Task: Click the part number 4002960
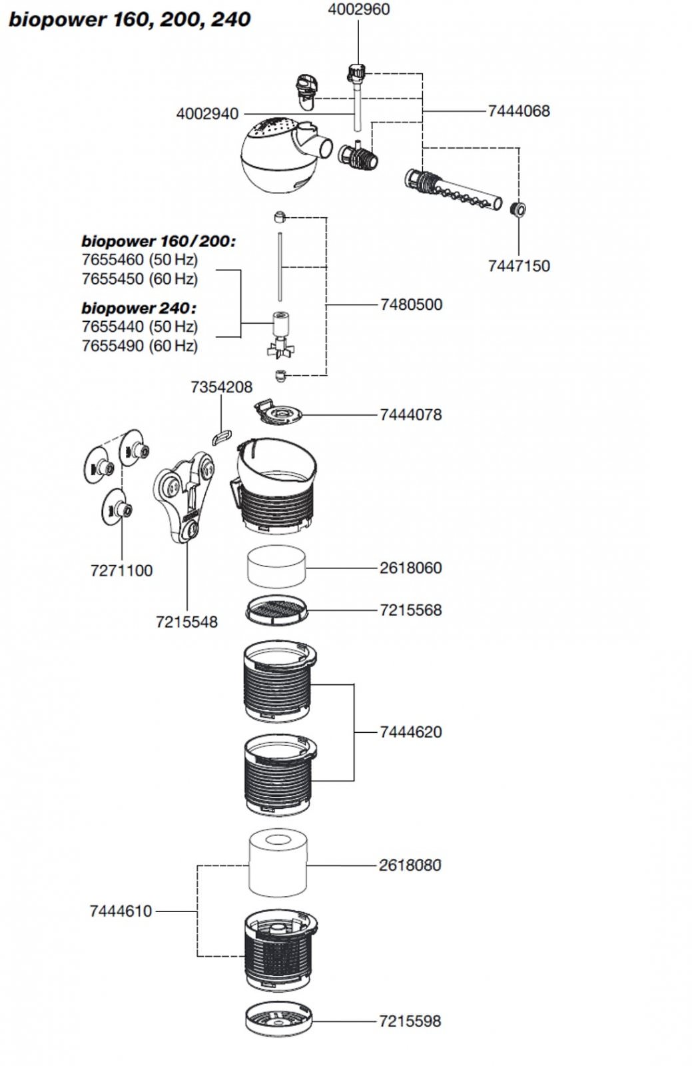click(x=358, y=9)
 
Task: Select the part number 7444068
click(x=519, y=111)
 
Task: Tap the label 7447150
click(x=519, y=266)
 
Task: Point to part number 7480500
click(x=412, y=304)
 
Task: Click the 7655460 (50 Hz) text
click(x=140, y=260)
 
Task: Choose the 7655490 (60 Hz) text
click(x=140, y=346)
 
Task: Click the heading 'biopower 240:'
click(x=139, y=308)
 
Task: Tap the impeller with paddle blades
click(x=280, y=336)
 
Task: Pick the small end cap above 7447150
click(x=518, y=209)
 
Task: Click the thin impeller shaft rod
click(x=280, y=266)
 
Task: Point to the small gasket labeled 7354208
click(x=222, y=436)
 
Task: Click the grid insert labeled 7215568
click(x=276, y=610)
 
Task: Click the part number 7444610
click(x=121, y=911)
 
